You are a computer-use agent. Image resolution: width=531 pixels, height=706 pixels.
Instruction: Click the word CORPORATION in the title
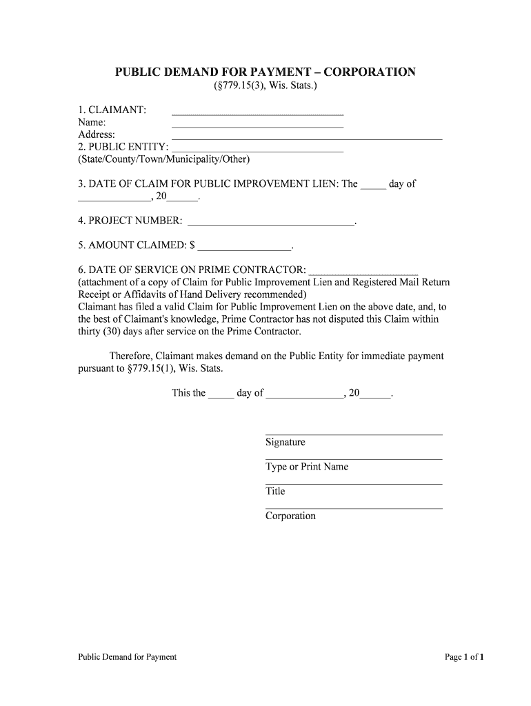click(369, 72)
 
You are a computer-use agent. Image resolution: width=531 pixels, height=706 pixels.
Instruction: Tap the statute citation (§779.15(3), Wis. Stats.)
click(265, 86)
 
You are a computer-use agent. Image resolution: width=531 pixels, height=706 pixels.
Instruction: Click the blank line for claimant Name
click(257, 127)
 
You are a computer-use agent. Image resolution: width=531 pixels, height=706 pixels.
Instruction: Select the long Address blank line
click(306, 139)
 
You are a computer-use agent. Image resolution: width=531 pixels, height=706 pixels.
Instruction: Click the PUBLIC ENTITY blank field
click(257, 151)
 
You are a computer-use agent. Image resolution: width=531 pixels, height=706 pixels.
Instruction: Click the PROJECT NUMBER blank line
click(271, 225)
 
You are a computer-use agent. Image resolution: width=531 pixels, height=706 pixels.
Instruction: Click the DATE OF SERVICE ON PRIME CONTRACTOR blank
click(363, 274)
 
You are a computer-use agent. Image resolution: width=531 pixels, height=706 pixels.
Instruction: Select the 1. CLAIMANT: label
click(112, 110)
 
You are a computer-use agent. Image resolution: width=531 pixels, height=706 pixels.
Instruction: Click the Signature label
click(285, 442)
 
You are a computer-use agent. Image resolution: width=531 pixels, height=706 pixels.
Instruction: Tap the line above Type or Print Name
click(354, 459)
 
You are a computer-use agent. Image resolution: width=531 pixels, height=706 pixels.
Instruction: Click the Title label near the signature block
click(275, 492)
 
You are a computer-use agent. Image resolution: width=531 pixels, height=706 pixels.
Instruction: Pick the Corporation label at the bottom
click(290, 516)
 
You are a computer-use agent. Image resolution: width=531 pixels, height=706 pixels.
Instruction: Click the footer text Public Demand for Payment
click(128, 657)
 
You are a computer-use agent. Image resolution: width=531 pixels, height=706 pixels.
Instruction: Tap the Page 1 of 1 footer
click(465, 657)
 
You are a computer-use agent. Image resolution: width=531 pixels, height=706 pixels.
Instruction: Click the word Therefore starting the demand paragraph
click(131, 356)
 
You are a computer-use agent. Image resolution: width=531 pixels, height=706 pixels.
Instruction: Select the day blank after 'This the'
click(221, 398)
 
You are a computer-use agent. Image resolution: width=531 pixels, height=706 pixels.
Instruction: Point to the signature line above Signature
click(354, 434)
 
